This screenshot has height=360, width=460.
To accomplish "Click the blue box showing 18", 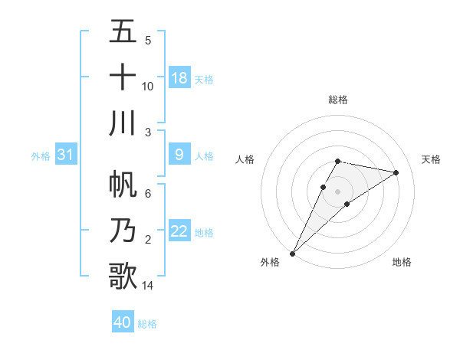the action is (x=179, y=78).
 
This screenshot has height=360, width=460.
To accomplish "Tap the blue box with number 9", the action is (x=179, y=155).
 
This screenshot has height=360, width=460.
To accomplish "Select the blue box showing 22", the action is (x=179, y=232).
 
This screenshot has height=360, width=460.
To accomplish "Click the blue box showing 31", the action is (x=66, y=155).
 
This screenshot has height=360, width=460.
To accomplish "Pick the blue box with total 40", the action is (x=123, y=323).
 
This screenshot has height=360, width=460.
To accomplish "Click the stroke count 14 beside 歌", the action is (x=148, y=286).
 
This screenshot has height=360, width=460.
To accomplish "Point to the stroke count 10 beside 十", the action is (x=148, y=86).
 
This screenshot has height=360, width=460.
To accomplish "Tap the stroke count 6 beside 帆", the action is (x=148, y=194).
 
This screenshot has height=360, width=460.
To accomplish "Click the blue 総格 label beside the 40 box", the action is (x=148, y=324).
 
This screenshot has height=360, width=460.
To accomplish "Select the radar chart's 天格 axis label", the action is (x=432, y=159).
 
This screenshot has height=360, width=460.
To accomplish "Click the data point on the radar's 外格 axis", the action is (x=292, y=253).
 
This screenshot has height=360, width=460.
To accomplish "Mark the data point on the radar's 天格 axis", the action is (x=396, y=172).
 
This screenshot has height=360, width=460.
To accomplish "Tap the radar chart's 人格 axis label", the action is (x=245, y=159).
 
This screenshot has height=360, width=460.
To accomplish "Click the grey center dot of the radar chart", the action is (x=338, y=191).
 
